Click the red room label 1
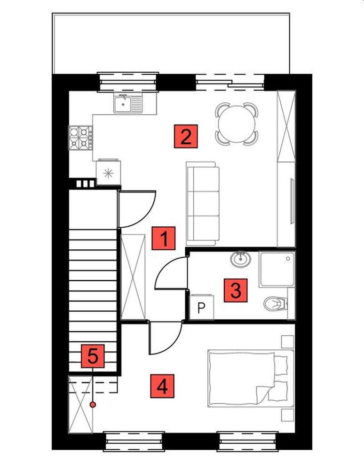click(164, 238)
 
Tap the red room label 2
click(185, 136)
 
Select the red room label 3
click(236, 290)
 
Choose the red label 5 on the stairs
click(93, 356)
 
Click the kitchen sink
click(127, 103)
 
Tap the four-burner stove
click(80, 138)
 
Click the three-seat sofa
click(203, 203)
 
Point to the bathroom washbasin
click(241, 259)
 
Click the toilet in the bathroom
click(276, 304)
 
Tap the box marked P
click(202, 308)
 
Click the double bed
click(249, 378)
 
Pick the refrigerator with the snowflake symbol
click(108, 172)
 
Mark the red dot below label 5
click(93, 404)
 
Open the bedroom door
click(165, 338)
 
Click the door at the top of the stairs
click(136, 209)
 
